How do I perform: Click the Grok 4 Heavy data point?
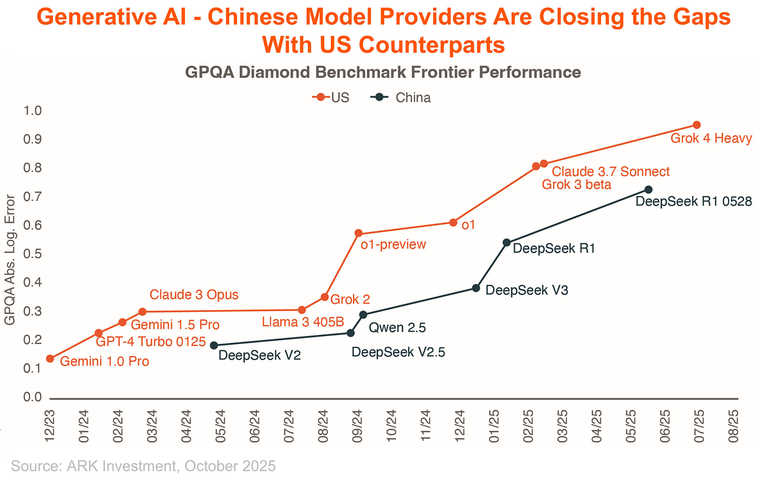point(696,125)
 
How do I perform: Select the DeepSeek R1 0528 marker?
point(648,190)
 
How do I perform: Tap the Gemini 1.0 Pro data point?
point(50,359)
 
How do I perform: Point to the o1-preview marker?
point(358,233)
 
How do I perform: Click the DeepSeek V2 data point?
point(214,345)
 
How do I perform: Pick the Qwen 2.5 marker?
point(363,315)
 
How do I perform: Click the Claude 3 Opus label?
point(194,295)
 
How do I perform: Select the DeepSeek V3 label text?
point(526,290)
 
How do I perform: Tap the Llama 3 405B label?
point(303,322)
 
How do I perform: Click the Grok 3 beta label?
point(576,185)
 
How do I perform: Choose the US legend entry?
point(331,98)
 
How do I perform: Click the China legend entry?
point(401,98)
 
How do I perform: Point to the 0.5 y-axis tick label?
point(33,254)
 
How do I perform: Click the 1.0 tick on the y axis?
point(33,111)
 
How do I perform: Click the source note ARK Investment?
point(121,466)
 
